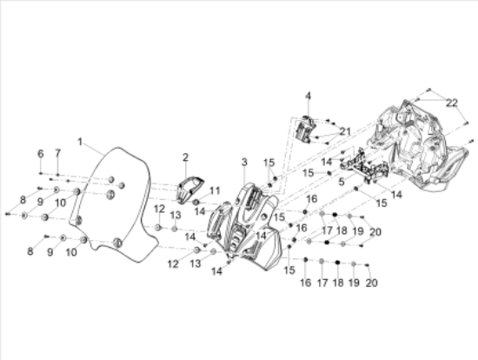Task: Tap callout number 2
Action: pyautogui.click(x=185, y=157)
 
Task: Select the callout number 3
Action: pyautogui.click(x=244, y=162)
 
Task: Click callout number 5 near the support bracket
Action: pyautogui.click(x=342, y=182)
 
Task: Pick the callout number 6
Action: pyautogui.click(x=40, y=153)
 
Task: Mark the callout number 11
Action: pyautogui.click(x=215, y=190)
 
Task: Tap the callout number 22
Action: pyautogui.click(x=451, y=102)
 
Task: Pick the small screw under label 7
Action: pyautogui.click(x=58, y=175)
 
